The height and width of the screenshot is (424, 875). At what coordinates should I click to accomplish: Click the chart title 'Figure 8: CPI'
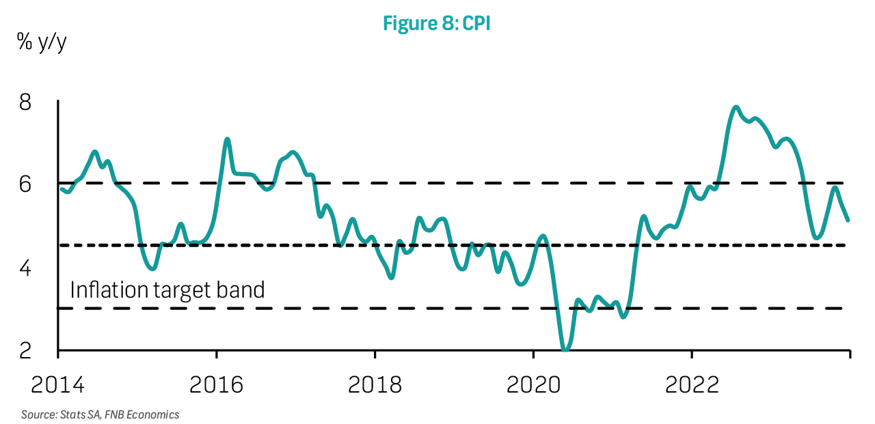click(x=437, y=23)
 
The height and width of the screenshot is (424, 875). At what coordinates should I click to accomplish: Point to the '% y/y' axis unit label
click(x=42, y=42)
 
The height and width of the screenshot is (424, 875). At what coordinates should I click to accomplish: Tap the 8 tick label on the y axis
click(x=25, y=103)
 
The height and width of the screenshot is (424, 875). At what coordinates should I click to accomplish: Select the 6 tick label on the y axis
click(x=25, y=185)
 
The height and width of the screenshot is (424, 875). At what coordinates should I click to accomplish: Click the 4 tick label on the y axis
click(x=25, y=268)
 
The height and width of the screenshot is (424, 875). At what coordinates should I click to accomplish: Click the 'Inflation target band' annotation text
click(x=167, y=290)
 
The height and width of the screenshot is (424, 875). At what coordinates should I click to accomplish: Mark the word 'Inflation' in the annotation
click(x=109, y=290)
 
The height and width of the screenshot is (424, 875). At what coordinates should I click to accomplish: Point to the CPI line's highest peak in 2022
click(x=736, y=107)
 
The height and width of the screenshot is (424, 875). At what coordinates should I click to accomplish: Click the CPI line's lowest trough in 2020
click(x=565, y=350)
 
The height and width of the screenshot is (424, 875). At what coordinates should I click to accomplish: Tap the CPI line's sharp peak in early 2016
click(x=228, y=139)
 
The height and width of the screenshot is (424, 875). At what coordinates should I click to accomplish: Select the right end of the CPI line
click(x=848, y=220)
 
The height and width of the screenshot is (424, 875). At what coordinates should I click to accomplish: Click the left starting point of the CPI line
click(x=61, y=189)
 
